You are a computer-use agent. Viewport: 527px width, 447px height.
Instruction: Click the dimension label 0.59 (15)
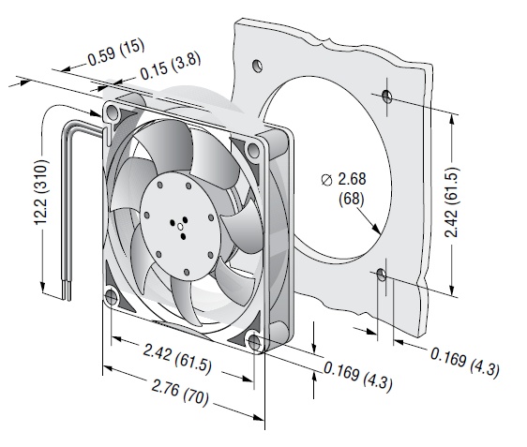point(116,52)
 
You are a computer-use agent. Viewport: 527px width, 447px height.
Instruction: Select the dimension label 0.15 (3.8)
point(171,66)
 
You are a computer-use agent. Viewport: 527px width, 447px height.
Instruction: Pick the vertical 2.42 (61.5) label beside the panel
point(451,202)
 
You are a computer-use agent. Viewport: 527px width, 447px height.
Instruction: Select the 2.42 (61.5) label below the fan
point(177,359)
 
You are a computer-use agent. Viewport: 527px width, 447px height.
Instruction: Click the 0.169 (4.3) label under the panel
point(465,362)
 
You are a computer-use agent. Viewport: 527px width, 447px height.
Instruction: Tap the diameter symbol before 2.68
point(326,180)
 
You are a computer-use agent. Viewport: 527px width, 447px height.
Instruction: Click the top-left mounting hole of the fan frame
point(113,112)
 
